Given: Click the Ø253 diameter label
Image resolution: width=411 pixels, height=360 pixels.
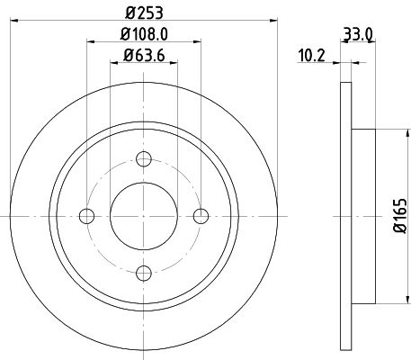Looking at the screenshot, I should tap(144, 13).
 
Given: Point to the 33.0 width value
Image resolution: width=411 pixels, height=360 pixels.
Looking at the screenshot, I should tap(357, 38).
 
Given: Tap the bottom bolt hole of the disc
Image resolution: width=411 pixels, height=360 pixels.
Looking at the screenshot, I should tap(144, 271).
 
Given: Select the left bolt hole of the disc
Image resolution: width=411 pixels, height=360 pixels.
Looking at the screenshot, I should tap(87, 215).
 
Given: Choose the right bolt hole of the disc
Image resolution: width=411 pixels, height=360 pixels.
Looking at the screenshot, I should tap(200, 215).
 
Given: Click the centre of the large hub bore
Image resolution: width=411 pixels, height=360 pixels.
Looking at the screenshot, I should tap(144, 215).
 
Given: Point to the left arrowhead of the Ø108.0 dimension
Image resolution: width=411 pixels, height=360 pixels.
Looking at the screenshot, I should tap(90, 41).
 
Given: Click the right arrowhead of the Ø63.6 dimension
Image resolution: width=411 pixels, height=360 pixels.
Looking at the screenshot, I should tap(174, 62).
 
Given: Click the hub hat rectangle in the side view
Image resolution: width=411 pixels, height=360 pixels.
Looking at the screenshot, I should tap(362, 215).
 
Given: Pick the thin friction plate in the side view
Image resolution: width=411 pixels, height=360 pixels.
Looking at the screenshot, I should tap(346, 215).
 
